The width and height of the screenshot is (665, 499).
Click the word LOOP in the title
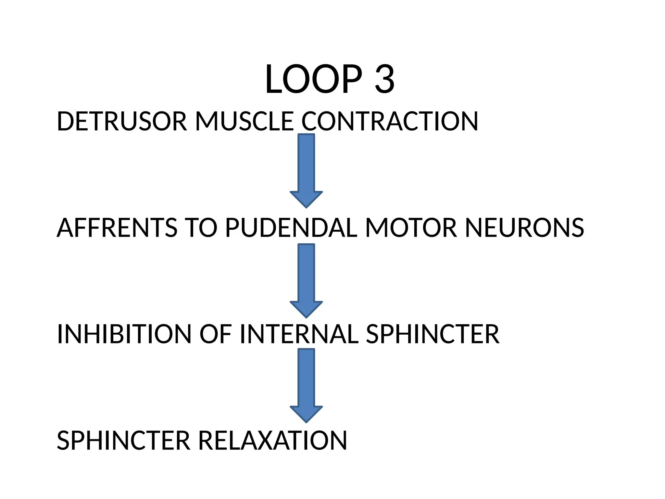[313, 79]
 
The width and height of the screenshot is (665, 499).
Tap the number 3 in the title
[384, 79]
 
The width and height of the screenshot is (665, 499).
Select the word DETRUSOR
[122, 121]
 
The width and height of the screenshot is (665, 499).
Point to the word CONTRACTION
[390, 121]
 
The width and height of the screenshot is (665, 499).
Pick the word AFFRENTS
[117, 228]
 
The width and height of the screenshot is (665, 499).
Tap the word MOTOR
[411, 228]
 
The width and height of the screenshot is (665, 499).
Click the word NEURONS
[524, 228]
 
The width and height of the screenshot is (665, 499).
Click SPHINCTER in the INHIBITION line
[433, 334]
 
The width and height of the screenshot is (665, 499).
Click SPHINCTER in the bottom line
[123, 441]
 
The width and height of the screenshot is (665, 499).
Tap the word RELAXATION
[272, 441]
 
